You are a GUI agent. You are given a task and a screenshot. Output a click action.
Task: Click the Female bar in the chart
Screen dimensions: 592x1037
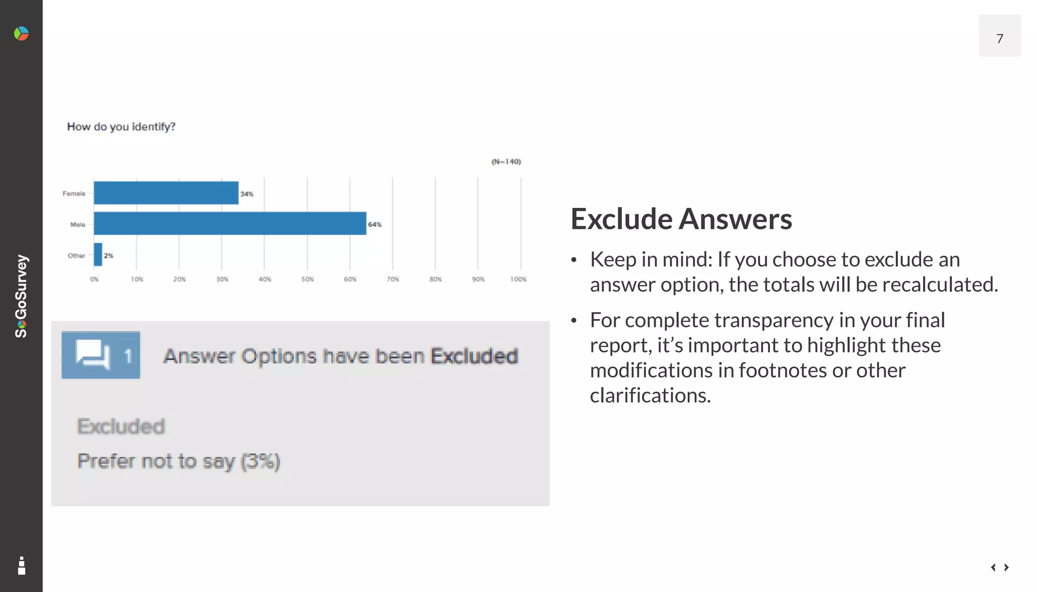tap(166, 193)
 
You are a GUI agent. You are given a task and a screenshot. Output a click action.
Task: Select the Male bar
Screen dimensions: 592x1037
tap(230, 223)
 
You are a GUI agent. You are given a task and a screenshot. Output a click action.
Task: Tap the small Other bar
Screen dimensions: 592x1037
tap(98, 255)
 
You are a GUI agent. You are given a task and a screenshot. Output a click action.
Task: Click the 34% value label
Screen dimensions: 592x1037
tap(247, 194)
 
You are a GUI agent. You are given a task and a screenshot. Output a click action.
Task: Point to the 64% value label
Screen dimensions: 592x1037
tap(375, 224)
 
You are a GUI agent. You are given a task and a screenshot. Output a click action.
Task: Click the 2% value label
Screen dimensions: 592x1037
tap(108, 256)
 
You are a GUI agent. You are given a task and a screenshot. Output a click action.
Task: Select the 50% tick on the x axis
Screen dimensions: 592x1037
tap(307, 279)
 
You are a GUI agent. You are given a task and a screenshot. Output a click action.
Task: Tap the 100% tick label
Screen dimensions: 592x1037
tap(518, 279)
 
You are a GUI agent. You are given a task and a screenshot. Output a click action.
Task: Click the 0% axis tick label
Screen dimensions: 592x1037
tap(94, 279)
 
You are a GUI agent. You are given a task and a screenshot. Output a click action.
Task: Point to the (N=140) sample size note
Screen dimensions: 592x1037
tap(506, 161)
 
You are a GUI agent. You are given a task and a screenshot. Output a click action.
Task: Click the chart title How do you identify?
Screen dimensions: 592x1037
tap(121, 126)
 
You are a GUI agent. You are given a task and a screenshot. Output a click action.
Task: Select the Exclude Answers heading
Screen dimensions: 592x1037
tap(681, 219)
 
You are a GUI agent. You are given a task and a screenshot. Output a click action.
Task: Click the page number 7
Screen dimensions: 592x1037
tap(1000, 38)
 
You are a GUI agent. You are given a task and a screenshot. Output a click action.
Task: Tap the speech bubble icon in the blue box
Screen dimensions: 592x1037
tap(93, 354)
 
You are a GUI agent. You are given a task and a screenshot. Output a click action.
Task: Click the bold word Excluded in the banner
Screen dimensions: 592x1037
tap(474, 356)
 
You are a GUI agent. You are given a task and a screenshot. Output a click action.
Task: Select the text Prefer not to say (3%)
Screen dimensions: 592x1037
tap(178, 461)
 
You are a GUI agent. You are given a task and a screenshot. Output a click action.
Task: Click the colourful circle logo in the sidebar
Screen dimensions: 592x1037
tap(21, 34)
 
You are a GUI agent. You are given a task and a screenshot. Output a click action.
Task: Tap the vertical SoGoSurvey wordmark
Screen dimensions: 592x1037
tap(21, 296)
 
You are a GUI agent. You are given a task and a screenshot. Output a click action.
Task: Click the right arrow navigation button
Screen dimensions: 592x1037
tap(1007, 567)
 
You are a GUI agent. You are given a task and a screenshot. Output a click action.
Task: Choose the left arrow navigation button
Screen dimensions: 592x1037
tap(993, 567)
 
